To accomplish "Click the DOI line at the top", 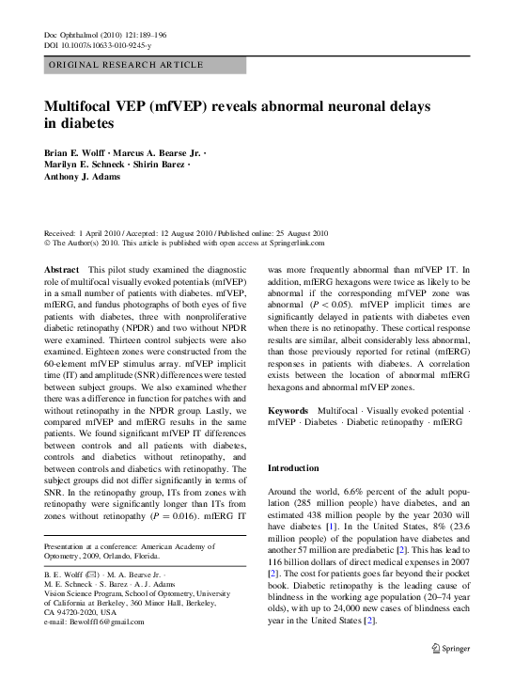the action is [98, 45].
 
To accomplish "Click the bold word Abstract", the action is [61, 270].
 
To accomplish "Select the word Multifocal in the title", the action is [85, 106].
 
